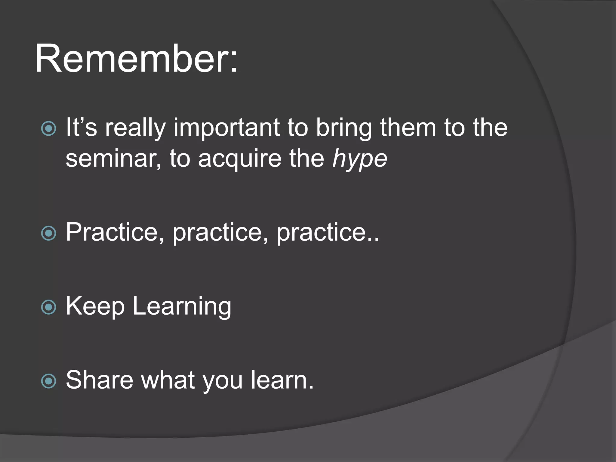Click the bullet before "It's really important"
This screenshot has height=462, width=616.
click(x=48, y=128)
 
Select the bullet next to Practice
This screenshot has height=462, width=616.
click(x=48, y=233)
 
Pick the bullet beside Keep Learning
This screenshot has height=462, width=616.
click(x=48, y=307)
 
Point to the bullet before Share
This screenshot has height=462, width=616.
click(x=48, y=381)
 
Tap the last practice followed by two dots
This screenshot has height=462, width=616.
click(x=325, y=233)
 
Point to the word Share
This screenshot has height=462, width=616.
click(x=99, y=380)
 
